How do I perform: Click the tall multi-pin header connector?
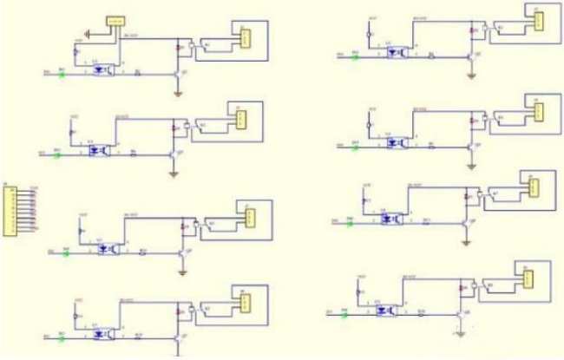[13, 209]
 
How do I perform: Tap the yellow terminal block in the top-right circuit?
[537, 19]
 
